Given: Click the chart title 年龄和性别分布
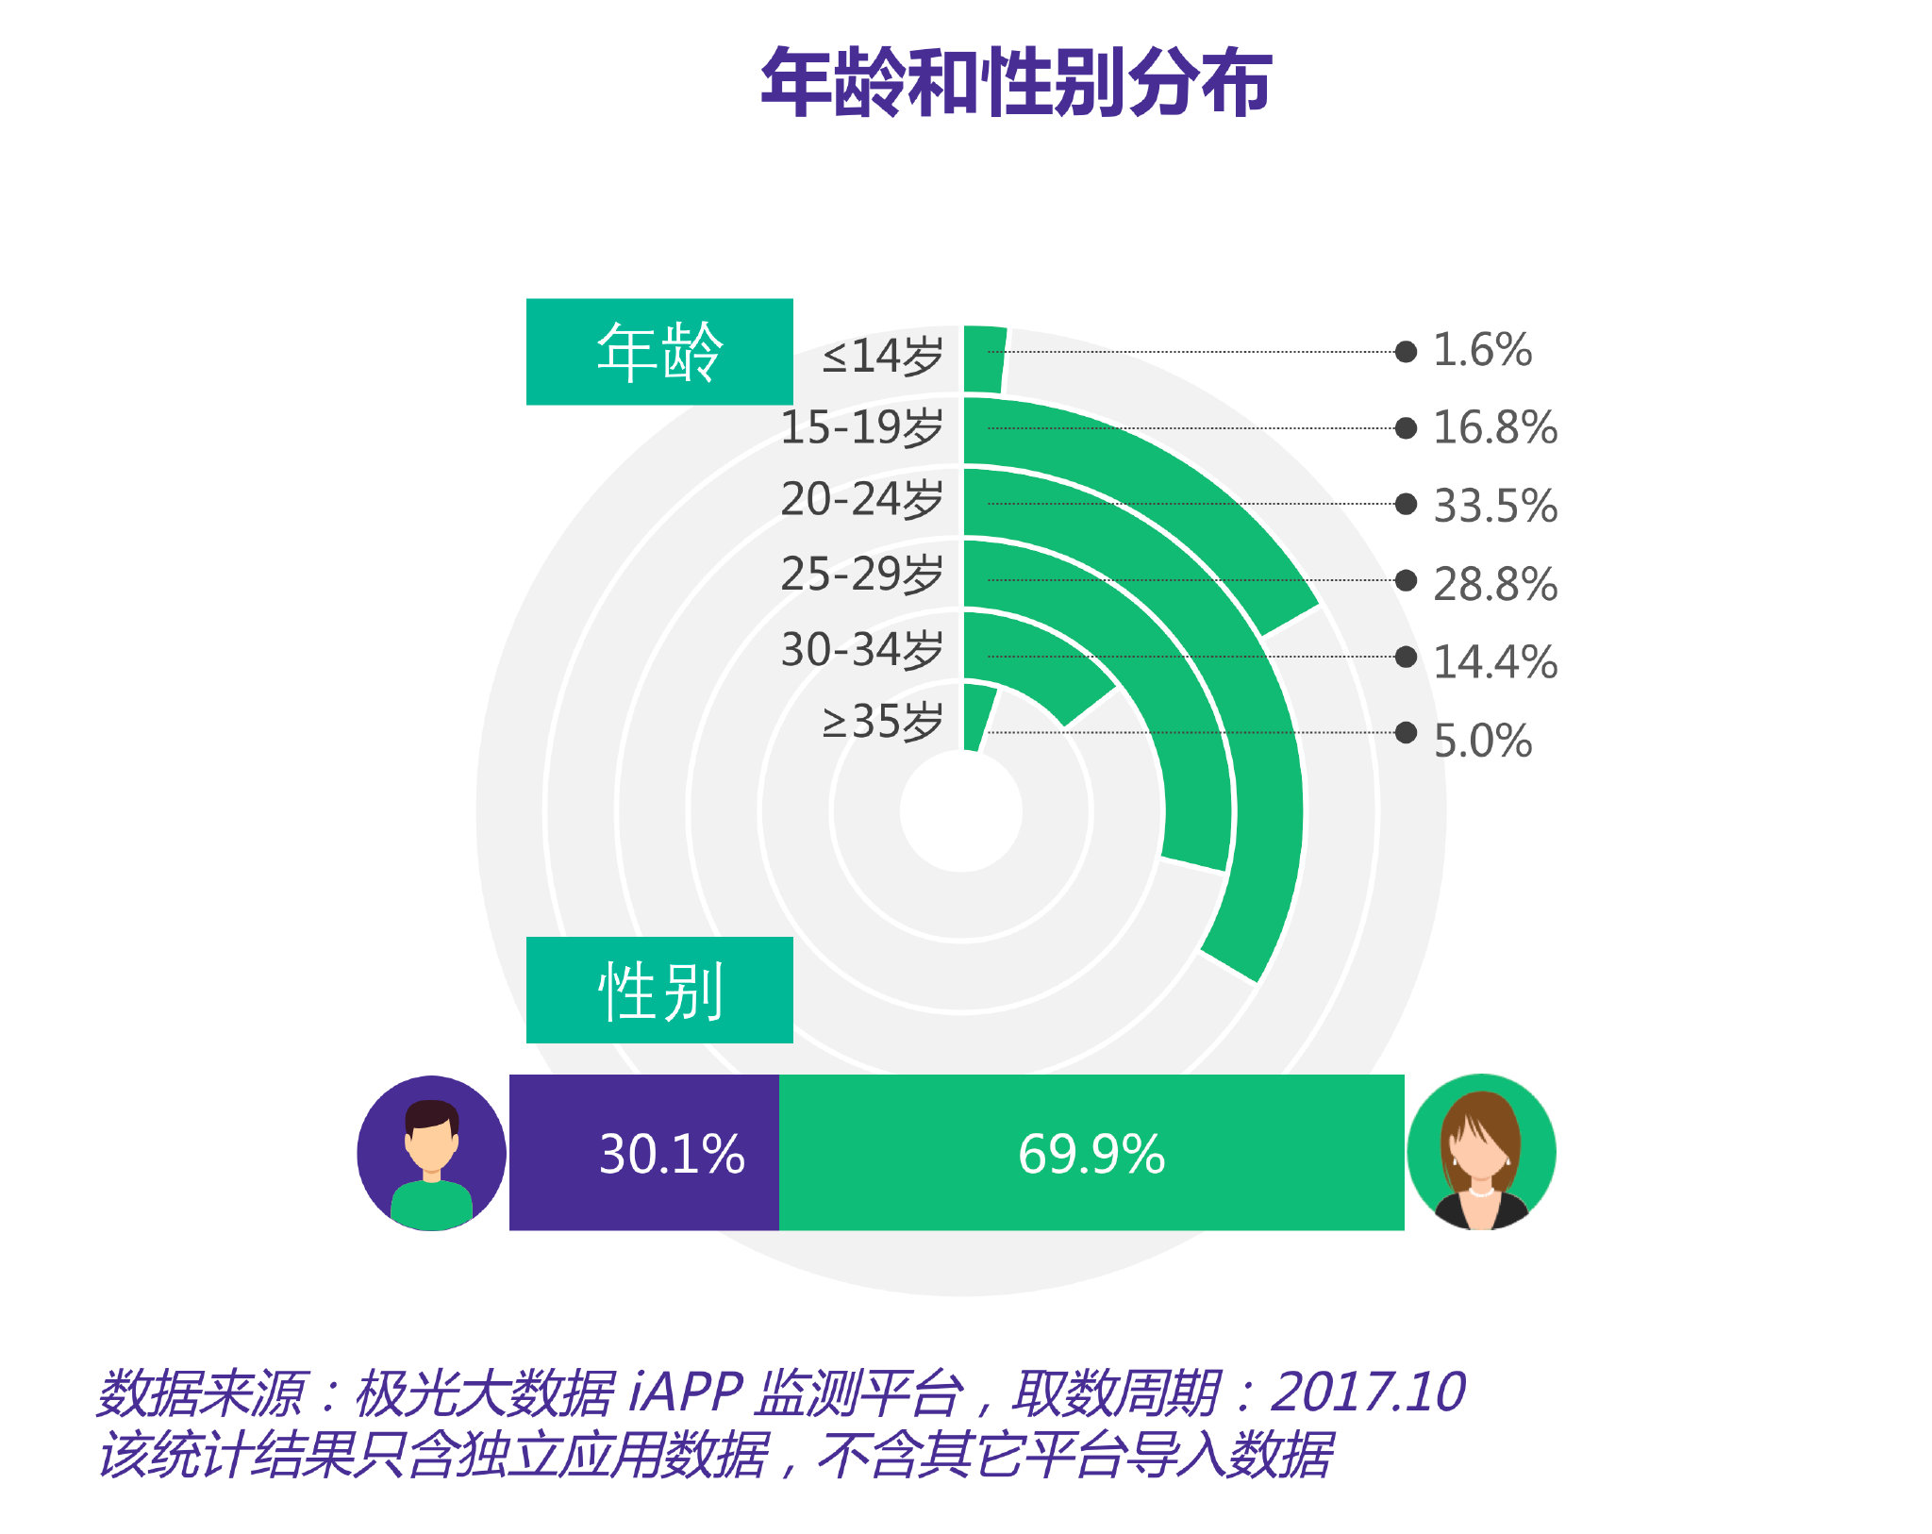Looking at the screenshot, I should [1016, 83].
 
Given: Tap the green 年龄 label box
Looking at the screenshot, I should [658, 352].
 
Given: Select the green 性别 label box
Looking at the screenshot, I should [658, 990].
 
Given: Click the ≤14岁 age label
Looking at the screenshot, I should [882, 356].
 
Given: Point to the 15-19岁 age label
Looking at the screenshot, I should [861, 427].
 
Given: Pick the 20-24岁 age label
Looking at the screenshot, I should [861, 499].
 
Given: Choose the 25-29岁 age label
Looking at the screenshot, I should [861, 574].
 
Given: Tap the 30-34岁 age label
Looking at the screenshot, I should [861, 649].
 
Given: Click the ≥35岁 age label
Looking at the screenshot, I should [882, 722].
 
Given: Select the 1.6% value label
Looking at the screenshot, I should [1482, 350].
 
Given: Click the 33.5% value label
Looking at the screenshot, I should [1495, 506].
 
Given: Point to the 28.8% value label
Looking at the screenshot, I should [1495, 584].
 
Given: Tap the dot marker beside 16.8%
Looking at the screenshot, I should [1406, 428].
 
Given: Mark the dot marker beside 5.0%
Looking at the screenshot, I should [1406, 732].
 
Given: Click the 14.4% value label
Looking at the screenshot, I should [1495, 662].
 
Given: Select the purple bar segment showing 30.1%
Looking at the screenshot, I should [644, 1152].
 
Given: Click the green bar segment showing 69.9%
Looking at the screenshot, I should [1091, 1152].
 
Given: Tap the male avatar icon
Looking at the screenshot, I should [432, 1152].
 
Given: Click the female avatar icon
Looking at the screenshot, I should [1480, 1152].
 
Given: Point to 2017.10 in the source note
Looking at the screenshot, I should [1368, 1392].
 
